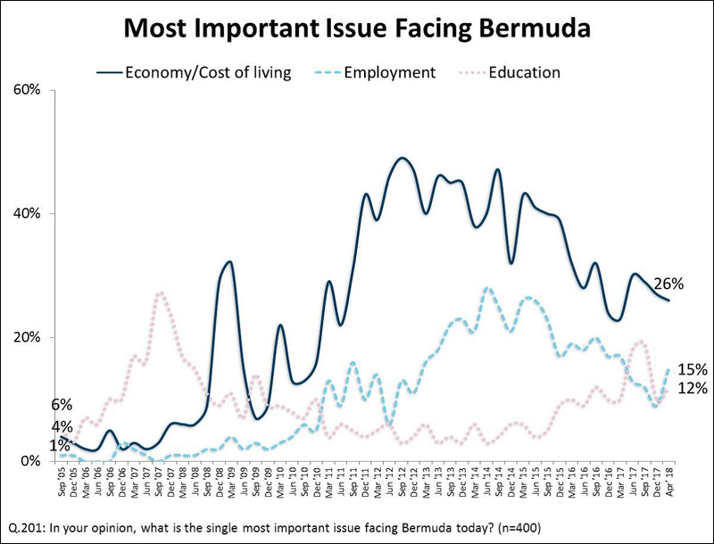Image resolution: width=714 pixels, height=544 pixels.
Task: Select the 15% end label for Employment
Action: pos(693,369)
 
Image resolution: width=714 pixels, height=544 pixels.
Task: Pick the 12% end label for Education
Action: pos(693,388)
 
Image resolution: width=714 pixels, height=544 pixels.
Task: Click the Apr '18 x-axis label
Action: pos(670,482)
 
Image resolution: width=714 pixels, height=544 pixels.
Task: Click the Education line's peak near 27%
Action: pos(160,293)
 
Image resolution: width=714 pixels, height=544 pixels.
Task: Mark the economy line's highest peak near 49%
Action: pos(403,159)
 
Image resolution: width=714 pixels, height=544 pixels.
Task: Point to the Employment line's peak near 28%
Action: pos(486,288)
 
